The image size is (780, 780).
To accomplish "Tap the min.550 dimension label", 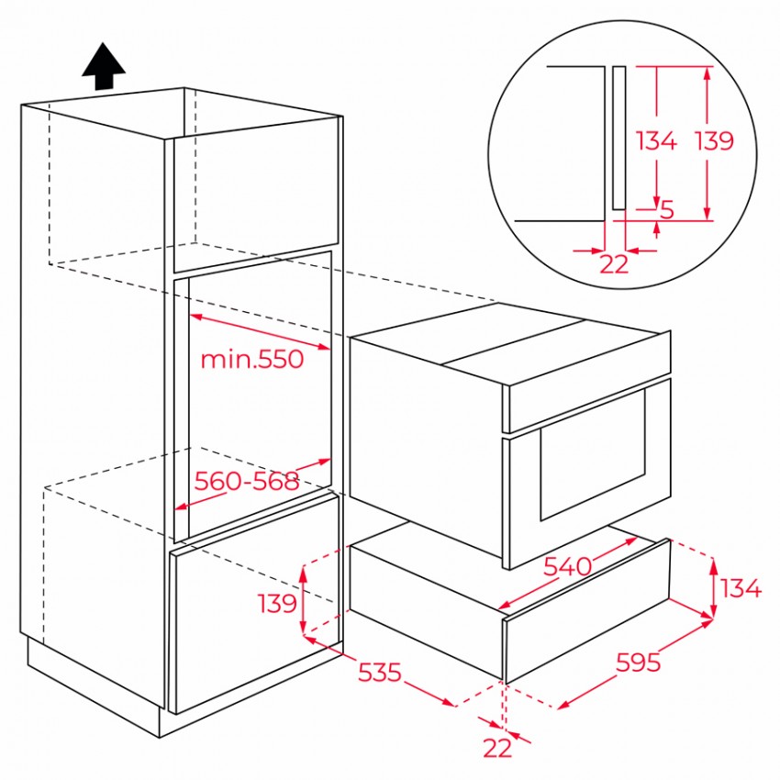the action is point(251,359).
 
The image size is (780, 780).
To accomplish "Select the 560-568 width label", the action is point(246,481).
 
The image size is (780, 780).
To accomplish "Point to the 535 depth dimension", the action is point(380,673).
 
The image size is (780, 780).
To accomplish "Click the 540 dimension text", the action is point(568,566).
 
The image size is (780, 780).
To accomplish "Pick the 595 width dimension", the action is point(639,663).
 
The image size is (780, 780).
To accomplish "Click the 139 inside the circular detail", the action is point(714,140).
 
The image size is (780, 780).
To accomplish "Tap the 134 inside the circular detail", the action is point(657,140).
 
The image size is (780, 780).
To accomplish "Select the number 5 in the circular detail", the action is point(666,209).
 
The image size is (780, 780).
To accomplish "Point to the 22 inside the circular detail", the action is point(614,264).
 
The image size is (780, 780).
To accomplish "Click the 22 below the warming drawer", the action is point(497,748).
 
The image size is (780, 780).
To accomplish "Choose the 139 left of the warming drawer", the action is point(277,603).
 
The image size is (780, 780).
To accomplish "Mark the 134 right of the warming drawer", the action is point(741,588).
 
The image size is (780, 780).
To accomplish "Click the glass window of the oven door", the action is point(593,454).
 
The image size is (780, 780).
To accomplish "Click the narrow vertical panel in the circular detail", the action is point(618,138).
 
